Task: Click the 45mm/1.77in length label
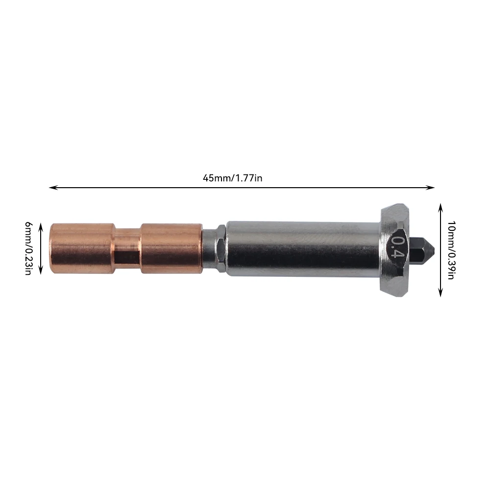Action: [232, 178]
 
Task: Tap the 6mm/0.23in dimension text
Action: [28, 248]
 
